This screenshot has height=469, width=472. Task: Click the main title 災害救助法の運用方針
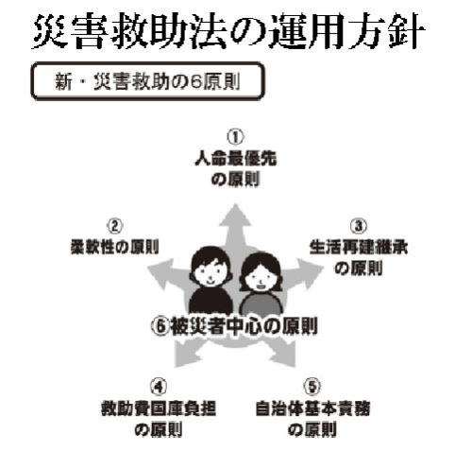(x=229, y=32)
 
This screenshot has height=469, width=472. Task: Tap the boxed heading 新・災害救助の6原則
(x=147, y=81)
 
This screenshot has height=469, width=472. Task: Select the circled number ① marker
(x=235, y=137)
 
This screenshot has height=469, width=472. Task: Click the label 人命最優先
(x=236, y=159)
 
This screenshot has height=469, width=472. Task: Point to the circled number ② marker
(x=114, y=226)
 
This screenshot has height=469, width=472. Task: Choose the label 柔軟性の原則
(x=115, y=247)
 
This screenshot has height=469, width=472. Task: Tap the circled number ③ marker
(x=359, y=226)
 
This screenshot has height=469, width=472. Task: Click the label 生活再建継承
(x=359, y=247)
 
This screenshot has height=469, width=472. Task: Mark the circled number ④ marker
(x=159, y=387)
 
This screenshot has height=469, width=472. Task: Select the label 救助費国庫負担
(x=159, y=408)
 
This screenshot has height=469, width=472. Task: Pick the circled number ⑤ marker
(x=312, y=387)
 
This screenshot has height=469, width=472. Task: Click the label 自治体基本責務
(x=312, y=408)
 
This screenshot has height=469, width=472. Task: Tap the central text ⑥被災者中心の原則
(x=234, y=326)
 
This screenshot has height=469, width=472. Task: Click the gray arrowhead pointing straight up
(x=235, y=216)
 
